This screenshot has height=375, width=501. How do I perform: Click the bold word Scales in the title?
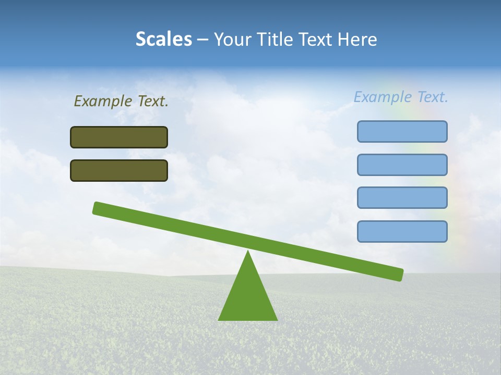[x=163, y=40]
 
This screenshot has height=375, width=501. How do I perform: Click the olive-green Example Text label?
[x=121, y=102]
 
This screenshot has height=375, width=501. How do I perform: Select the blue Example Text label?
[x=401, y=97]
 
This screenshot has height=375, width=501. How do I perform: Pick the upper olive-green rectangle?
[x=119, y=137]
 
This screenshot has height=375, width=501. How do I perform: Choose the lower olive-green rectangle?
[x=119, y=170]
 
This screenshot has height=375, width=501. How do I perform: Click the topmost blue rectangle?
[x=402, y=131]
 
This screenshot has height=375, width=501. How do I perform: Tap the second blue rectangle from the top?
[x=402, y=165]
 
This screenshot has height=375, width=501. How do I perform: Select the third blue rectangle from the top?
[x=402, y=198]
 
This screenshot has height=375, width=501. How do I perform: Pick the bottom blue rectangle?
[x=402, y=231]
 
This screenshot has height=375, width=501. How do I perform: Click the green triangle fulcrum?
[x=248, y=297]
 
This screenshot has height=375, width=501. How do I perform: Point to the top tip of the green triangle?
[x=248, y=252]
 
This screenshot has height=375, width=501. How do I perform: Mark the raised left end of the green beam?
[x=97, y=208]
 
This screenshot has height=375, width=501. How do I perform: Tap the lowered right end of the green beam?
[x=399, y=274]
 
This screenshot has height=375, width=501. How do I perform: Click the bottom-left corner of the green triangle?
[x=219, y=319]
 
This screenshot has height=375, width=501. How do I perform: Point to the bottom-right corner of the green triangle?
[x=277, y=319]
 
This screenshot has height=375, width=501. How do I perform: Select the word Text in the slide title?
[x=317, y=40]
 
